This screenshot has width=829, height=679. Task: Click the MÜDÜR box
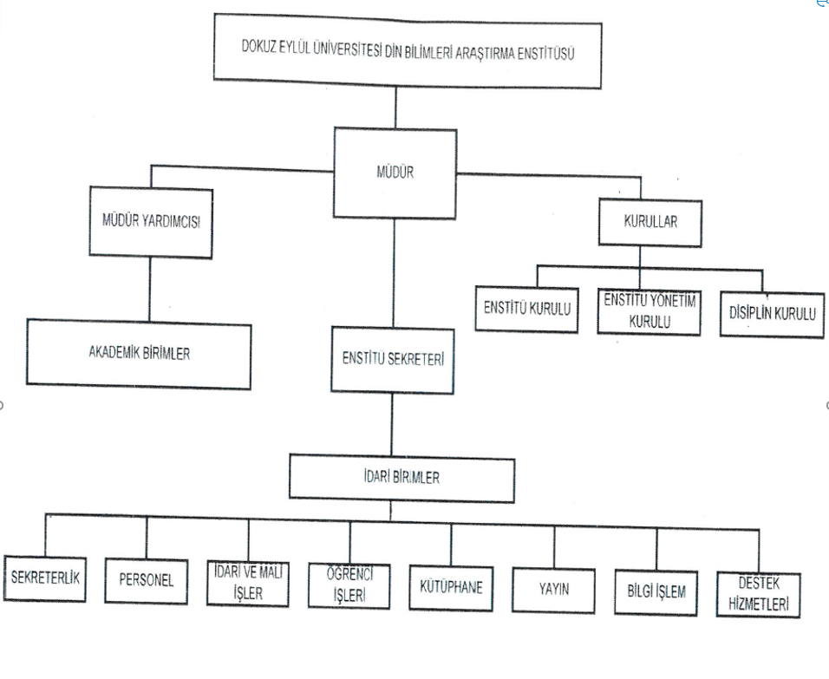395,173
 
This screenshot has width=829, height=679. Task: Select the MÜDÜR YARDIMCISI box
151,222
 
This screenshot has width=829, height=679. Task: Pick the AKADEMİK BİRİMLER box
139,353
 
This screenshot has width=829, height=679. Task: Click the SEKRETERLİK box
45,577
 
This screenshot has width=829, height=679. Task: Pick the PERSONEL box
147,579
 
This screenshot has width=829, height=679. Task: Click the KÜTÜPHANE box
451,586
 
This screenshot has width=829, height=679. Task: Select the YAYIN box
553,591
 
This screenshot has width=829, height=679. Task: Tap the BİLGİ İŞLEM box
656,592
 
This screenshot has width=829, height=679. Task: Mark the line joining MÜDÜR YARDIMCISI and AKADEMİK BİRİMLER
151,289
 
